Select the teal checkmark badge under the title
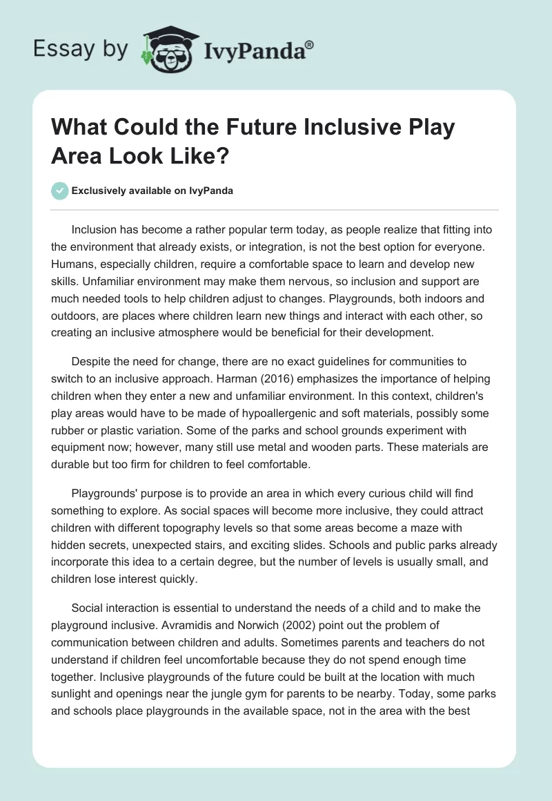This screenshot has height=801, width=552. click(60, 191)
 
